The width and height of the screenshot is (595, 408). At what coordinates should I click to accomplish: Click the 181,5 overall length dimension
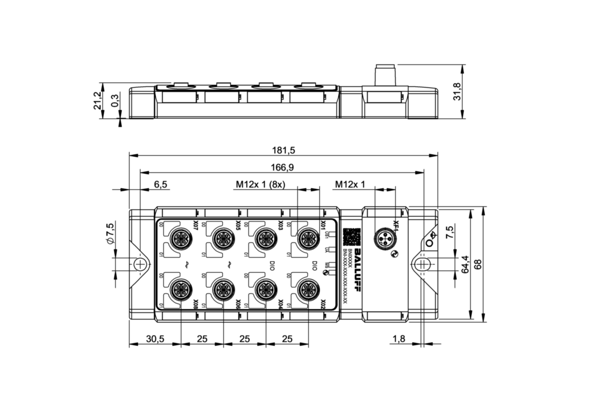[284, 150]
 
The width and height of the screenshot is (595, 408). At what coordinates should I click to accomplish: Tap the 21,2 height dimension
[98, 100]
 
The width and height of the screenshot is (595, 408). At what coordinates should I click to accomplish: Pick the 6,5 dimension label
[160, 184]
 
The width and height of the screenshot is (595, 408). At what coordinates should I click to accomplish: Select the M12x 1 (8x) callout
[260, 184]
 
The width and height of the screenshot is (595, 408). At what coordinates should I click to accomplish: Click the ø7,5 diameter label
[110, 233]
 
